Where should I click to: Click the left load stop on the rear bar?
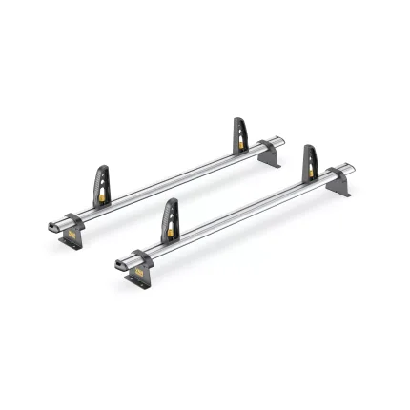point(101,181)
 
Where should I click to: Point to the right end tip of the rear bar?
point(285,142)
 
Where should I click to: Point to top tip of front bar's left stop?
point(174,202)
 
